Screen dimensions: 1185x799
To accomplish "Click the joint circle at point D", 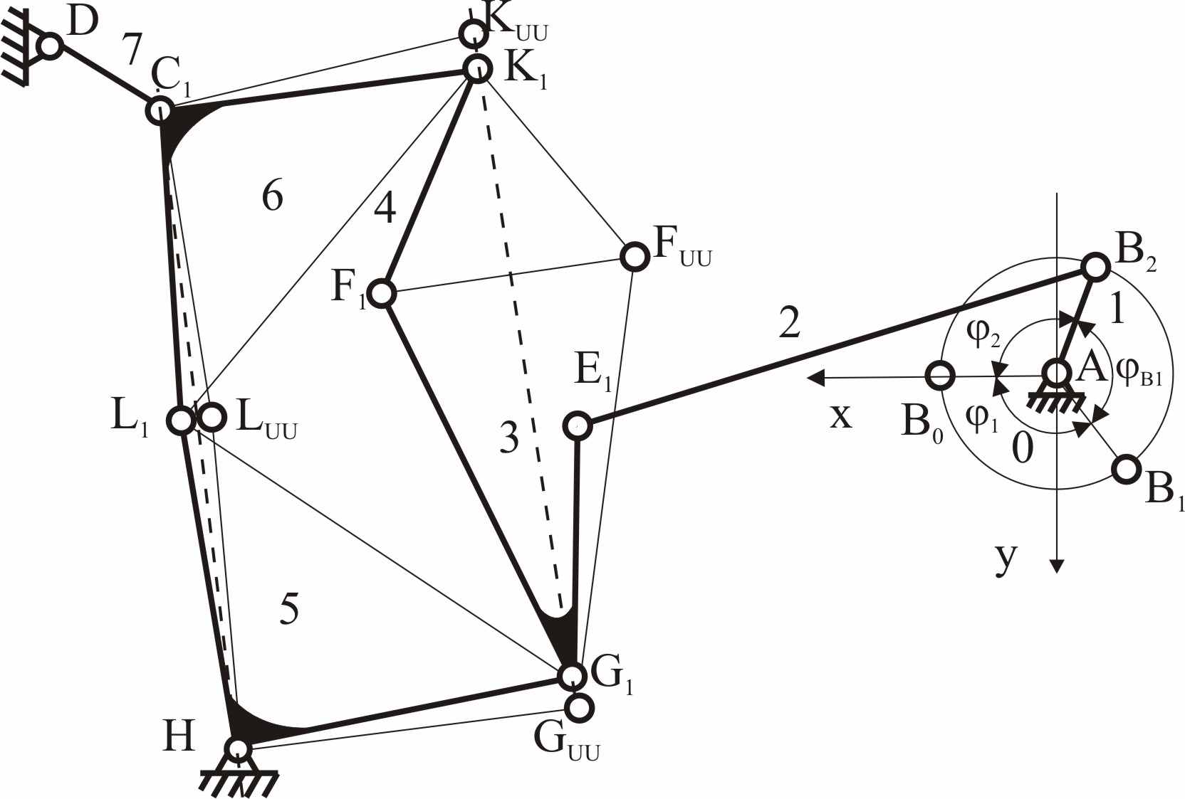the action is (51, 46).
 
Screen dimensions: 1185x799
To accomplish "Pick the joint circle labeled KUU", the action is (472, 33).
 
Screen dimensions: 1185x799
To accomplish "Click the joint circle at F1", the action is (382, 293).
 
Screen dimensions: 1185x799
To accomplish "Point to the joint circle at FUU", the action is (634, 256).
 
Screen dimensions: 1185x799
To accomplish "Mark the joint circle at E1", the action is (577, 425).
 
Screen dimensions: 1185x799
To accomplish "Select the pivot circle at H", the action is (236, 748).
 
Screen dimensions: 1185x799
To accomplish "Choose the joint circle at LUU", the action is (212, 418).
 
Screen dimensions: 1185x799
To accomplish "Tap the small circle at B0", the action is (940, 376).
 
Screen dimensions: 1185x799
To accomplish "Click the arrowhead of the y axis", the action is (1056, 566).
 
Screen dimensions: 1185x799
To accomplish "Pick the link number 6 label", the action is (273, 196).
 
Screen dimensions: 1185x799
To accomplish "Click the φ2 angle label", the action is (983, 335).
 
